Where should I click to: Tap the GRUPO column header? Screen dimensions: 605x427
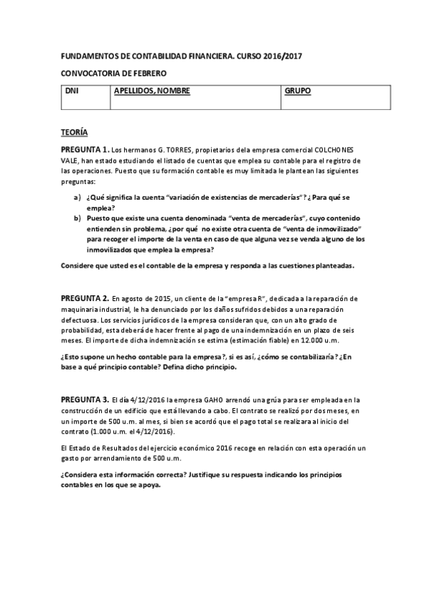coord(298,92)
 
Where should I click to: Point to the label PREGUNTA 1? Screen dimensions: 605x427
coord(84,150)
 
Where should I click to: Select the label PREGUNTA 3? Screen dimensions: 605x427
coord(84,399)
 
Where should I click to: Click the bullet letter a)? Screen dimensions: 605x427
coord(77,197)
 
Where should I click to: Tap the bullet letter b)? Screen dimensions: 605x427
coord(77,218)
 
